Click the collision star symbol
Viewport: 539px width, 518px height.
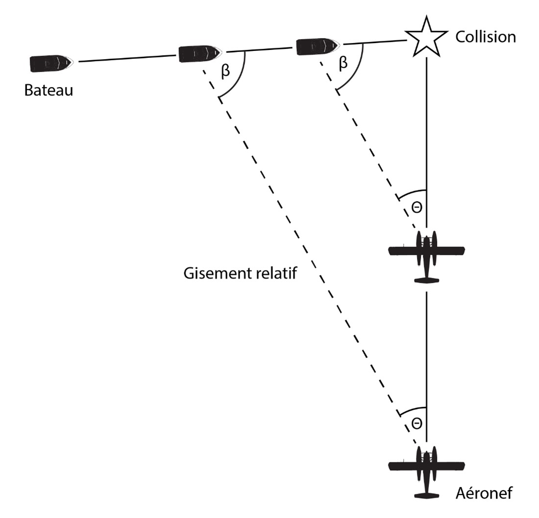click(426, 37)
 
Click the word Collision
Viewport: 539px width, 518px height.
click(486, 37)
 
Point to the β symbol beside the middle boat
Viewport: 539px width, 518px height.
click(225, 71)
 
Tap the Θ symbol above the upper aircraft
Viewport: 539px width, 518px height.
click(416, 207)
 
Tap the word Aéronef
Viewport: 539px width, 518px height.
click(484, 493)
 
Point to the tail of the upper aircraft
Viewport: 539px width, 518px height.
click(426, 280)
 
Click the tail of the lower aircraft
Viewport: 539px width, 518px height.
click(426, 495)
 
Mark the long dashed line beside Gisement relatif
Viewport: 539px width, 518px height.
click(314, 255)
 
